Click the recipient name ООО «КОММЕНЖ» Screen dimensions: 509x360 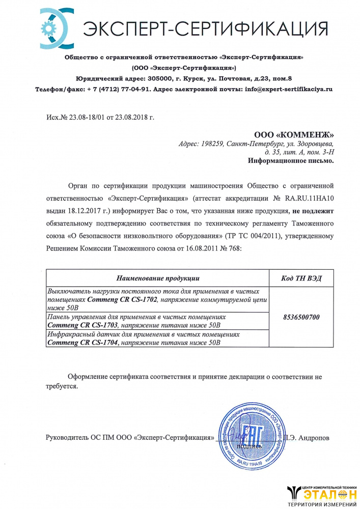click(x=294, y=135)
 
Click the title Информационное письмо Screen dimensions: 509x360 click(x=291, y=161)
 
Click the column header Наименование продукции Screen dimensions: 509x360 click(x=158, y=278)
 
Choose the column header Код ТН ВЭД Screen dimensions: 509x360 click(x=301, y=278)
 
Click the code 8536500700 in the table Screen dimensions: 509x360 click(x=301, y=317)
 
